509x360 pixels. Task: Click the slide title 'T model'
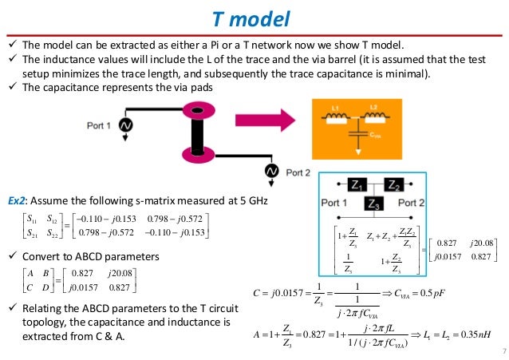point(254,19)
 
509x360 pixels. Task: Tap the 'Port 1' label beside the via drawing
point(101,125)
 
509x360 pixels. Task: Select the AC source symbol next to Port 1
point(126,125)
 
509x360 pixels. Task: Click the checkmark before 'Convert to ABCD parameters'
point(10,257)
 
